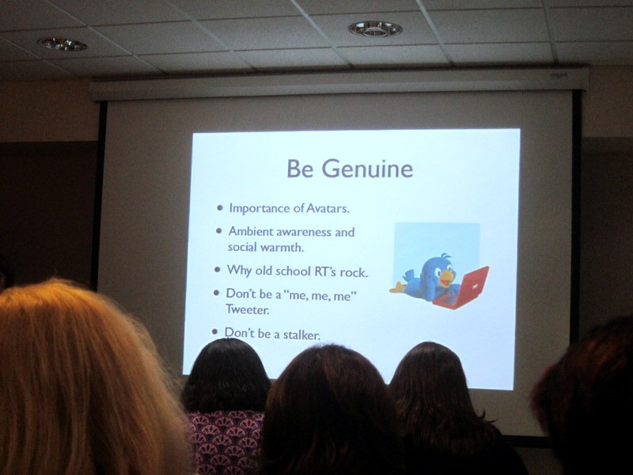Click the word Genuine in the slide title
pyautogui.click(x=367, y=169)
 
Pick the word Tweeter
pyautogui.click(x=247, y=310)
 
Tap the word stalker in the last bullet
pyautogui.click(x=301, y=334)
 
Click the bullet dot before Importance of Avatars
pyautogui.click(x=220, y=208)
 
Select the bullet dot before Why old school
pyautogui.click(x=218, y=269)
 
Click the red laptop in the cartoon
pyautogui.click(x=464, y=289)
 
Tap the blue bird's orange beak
pyautogui.click(x=447, y=278)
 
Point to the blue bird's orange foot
pyautogui.click(x=398, y=288)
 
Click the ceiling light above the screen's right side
pyautogui.click(x=375, y=28)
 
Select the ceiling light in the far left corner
pyautogui.click(x=63, y=44)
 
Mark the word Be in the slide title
pyautogui.click(x=300, y=169)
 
